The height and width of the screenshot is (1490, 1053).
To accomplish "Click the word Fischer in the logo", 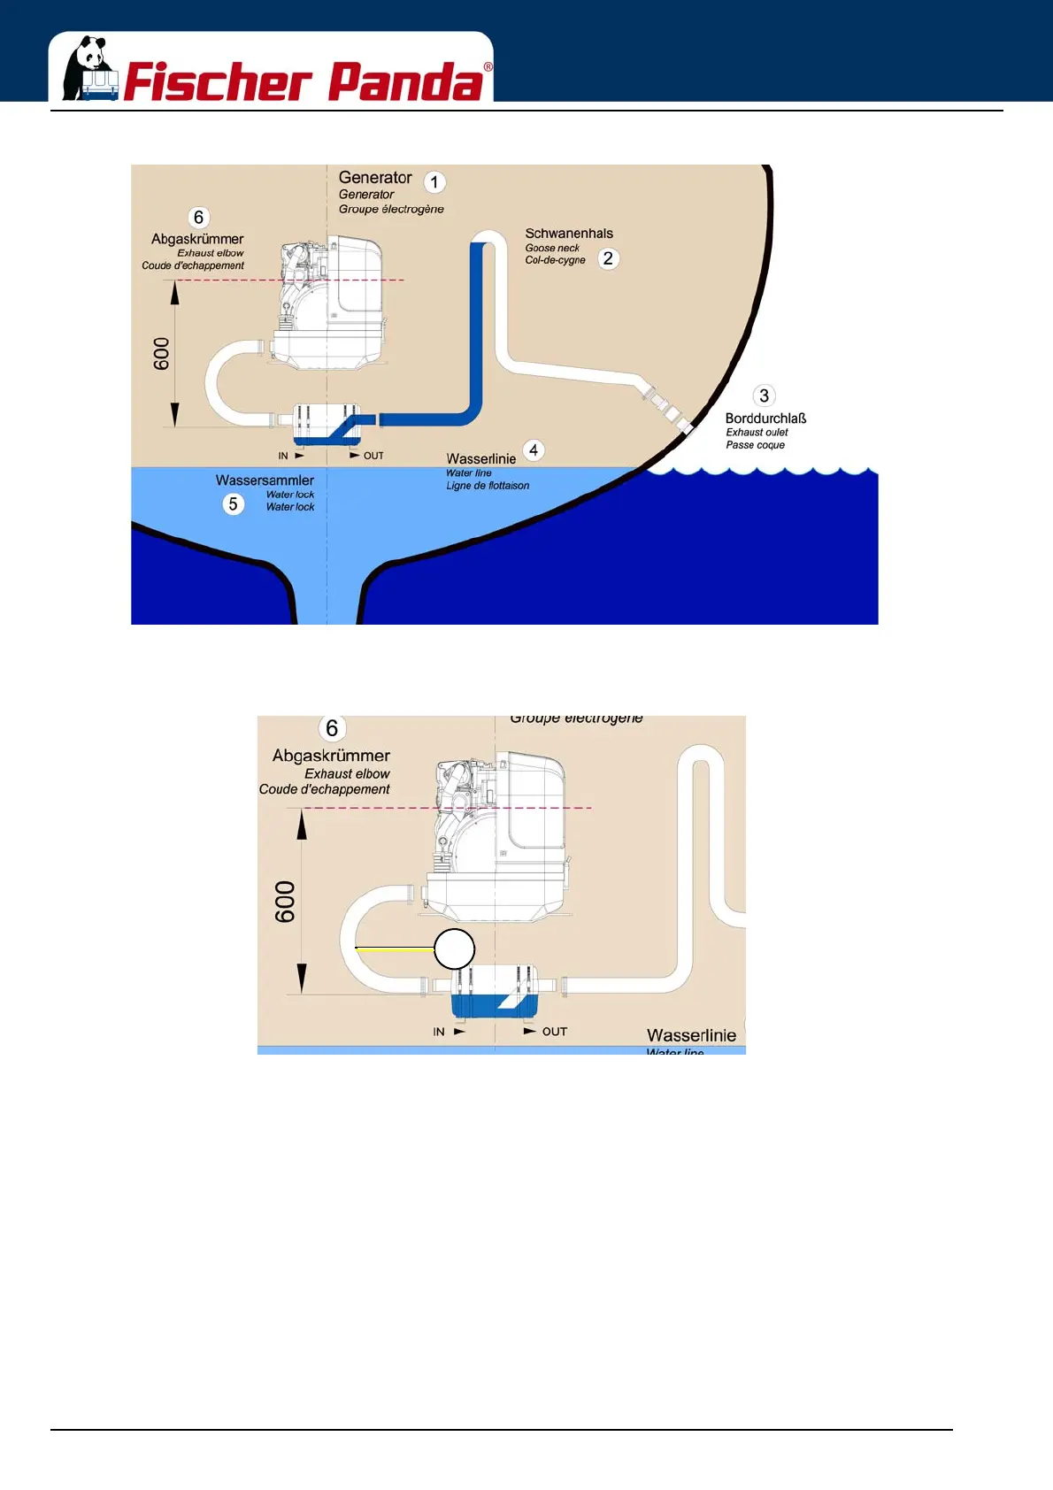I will coord(217,82).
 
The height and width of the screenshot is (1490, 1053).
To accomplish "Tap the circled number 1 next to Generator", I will coord(434,182).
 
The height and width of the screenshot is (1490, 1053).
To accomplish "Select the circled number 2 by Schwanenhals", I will coord(608,258).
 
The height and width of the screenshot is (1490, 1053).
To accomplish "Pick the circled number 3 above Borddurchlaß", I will coord(764,396).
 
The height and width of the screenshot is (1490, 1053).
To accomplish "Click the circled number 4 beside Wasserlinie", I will coord(534,450).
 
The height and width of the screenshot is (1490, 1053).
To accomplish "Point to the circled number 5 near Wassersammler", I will coord(233,503).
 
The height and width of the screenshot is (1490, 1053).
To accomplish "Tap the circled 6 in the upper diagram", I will coord(198,218).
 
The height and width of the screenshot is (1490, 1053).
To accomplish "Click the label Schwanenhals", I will coord(569,234).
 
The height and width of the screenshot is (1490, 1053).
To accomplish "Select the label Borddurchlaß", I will coord(765,419).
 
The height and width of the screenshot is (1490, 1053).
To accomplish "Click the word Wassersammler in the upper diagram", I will coord(265,480).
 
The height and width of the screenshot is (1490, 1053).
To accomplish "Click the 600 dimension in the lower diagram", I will coord(285,902).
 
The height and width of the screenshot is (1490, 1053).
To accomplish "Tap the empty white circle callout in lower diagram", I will coord(455,949).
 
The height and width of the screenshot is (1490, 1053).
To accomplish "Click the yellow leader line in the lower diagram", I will coord(395,949).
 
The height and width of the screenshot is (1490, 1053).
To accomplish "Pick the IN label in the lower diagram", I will coord(439,1032).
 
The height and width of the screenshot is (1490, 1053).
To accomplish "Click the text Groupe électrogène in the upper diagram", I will coord(391,210).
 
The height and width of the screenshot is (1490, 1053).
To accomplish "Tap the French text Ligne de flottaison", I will coord(488,486).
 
